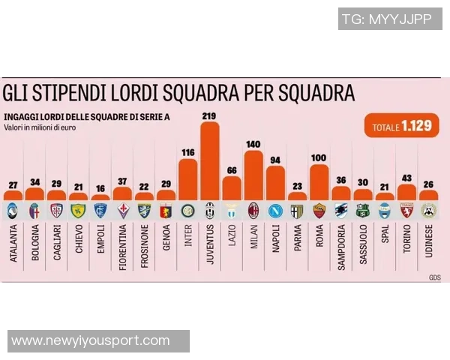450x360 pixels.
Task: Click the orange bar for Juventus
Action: tap(210, 160)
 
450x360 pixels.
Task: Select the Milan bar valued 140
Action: tap(253, 175)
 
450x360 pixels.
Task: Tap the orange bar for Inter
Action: tap(188, 180)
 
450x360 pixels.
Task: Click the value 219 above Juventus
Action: tap(210, 115)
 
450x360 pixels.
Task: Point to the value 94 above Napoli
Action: tap(275, 160)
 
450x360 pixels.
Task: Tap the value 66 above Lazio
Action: tap(232, 170)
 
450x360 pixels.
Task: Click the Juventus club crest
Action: tap(210, 210)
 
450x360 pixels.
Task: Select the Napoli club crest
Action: tap(275, 210)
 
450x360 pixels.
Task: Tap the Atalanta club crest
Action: tap(13, 210)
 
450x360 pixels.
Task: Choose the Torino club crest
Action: tap(406, 210)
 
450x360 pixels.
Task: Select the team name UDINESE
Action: tap(429, 244)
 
